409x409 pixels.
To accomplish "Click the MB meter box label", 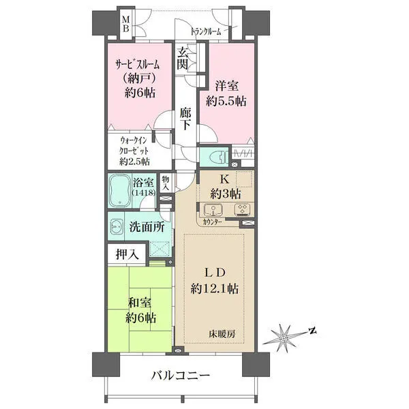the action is pyautogui.click(x=126, y=24).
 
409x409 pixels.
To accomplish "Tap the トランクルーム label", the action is pyautogui.click(x=206, y=32).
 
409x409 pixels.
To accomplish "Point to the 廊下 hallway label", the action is pyautogui.click(x=185, y=119).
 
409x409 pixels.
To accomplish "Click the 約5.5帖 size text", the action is pyautogui.click(x=226, y=101).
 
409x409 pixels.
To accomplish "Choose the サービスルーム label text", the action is pyautogui.click(x=138, y=65).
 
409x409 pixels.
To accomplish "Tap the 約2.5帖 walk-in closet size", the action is pyautogui.click(x=134, y=162).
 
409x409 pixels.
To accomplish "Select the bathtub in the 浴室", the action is pyautogui.click(x=120, y=190).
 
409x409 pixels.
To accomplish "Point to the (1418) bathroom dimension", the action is pyautogui.click(x=144, y=193).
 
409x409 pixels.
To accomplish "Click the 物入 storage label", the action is pyautogui.click(x=166, y=183).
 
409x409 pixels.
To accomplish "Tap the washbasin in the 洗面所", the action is pyautogui.click(x=117, y=225).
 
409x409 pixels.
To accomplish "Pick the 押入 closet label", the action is pyautogui.click(x=127, y=254).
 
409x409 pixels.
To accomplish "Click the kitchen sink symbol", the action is pyautogui.click(x=213, y=210).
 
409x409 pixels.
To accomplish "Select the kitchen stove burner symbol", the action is pyautogui.click(x=242, y=210).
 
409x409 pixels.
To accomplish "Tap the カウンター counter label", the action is pyautogui.click(x=212, y=222).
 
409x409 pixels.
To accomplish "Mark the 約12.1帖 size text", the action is pyautogui.click(x=215, y=289).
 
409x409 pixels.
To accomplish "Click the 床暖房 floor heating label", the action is pyautogui.click(x=222, y=333).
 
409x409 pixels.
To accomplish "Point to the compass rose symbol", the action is pyautogui.click(x=284, y=338).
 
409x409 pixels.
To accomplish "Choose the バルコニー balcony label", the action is pyautogui.click(x=181, y=376).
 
